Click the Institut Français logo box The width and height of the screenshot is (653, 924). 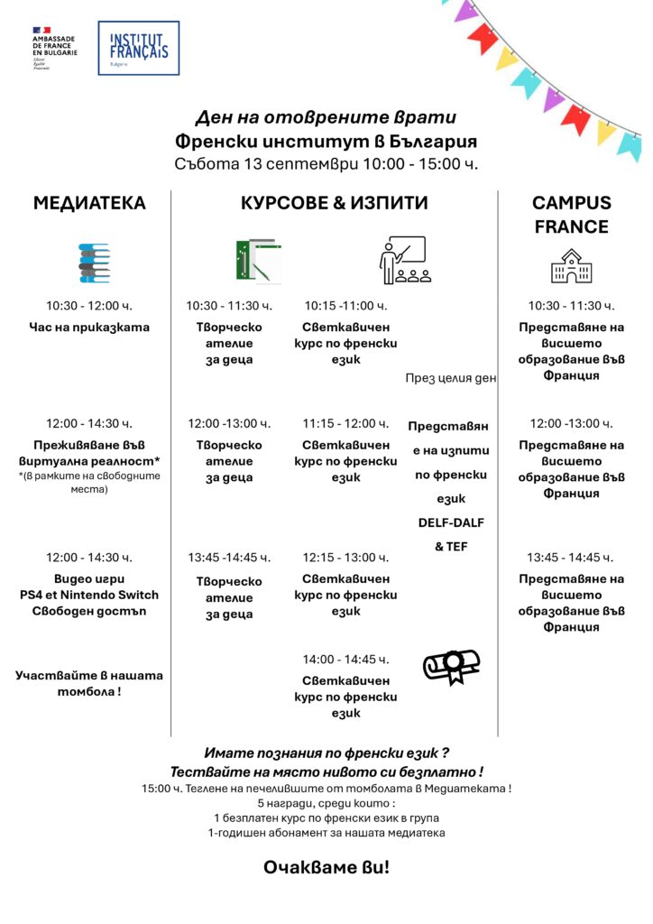click(x=138, y=48)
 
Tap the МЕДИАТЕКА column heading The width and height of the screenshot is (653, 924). click(x=89, y=203)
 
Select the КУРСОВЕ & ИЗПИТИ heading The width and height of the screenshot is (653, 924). click(x=334, y=203)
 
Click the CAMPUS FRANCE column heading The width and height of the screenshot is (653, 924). click(x=571, y=215)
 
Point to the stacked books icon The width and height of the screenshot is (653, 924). click(x=94, y=263)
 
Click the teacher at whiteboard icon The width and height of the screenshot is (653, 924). click(x=402, y=261)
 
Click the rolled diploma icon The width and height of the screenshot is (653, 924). click(x=451, y=667)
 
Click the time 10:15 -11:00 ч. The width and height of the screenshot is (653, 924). click(x=345, y=306)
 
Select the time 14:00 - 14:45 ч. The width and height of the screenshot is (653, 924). click(x=345, y=660)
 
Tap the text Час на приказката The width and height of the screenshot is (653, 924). click(x=89, y=328)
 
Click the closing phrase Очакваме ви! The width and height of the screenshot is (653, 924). click(x=326, y=867)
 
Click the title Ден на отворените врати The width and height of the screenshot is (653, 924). click(x=326, y=118)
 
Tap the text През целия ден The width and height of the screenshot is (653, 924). click(x=451, y=379)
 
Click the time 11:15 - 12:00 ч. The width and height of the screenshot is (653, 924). click(x=345, y=423)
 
